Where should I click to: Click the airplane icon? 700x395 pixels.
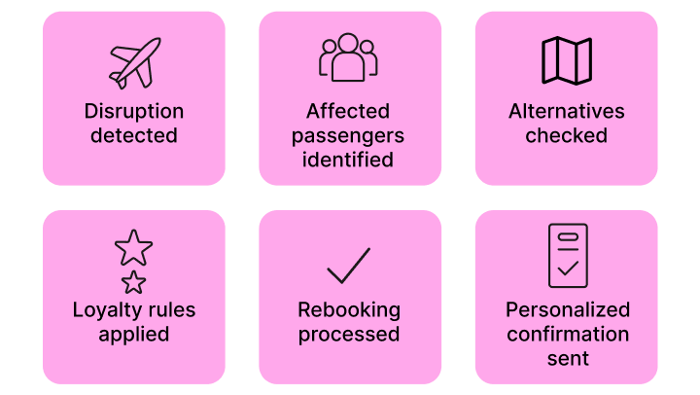click(134, 64)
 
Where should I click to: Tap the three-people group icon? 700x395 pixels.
click(349, 58)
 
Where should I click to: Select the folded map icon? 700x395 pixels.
click(566, 60)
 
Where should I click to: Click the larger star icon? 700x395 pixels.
click(133, 248)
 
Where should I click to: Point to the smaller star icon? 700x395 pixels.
click(133, 282)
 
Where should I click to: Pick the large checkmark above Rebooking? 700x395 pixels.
click(349, 265)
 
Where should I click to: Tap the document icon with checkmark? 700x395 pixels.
click(567, 256)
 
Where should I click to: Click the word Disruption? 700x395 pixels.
click(134, 111)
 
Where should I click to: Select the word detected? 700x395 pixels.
click(134, 135)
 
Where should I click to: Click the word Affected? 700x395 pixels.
click(349, 111)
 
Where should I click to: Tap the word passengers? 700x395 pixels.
click(349, 135)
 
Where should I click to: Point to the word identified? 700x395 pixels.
click(349, 160)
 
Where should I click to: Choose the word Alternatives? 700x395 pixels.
click(566, 111)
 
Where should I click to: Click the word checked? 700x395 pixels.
click(566, 135)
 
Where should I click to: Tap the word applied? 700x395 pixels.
click(134, 335)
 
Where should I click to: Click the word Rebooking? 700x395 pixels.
click(349, 310)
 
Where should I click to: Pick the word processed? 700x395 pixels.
click(349, 335)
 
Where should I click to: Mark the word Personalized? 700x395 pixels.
click(567, 310)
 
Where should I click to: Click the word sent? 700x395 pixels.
click(567, 359)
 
